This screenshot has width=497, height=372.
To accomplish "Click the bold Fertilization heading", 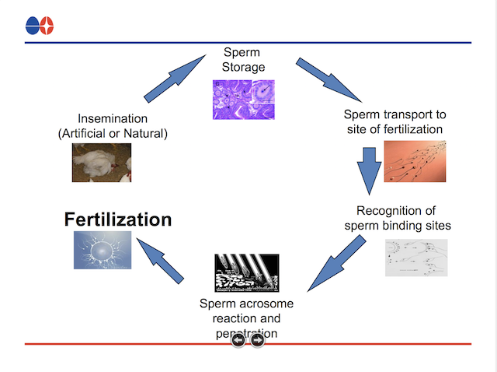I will click(117, 219).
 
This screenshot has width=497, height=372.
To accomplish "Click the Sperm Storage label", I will click(243, 60).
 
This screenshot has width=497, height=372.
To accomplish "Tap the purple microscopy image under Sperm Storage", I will click(243, 100).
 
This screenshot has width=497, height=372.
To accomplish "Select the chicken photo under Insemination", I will click(102, 163).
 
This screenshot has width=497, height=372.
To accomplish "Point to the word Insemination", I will click(113, 119).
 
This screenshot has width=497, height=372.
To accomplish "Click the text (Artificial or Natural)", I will click(113, 133).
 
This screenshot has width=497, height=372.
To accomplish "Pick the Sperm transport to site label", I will click(394, 121).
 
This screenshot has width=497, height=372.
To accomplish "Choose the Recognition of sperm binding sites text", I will click(397, 219).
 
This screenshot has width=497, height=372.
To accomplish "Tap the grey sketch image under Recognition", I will click(415, 258).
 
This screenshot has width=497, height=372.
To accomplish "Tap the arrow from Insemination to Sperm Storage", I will click(173, 79).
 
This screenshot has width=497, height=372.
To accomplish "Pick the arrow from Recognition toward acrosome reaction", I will click(335, 264).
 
